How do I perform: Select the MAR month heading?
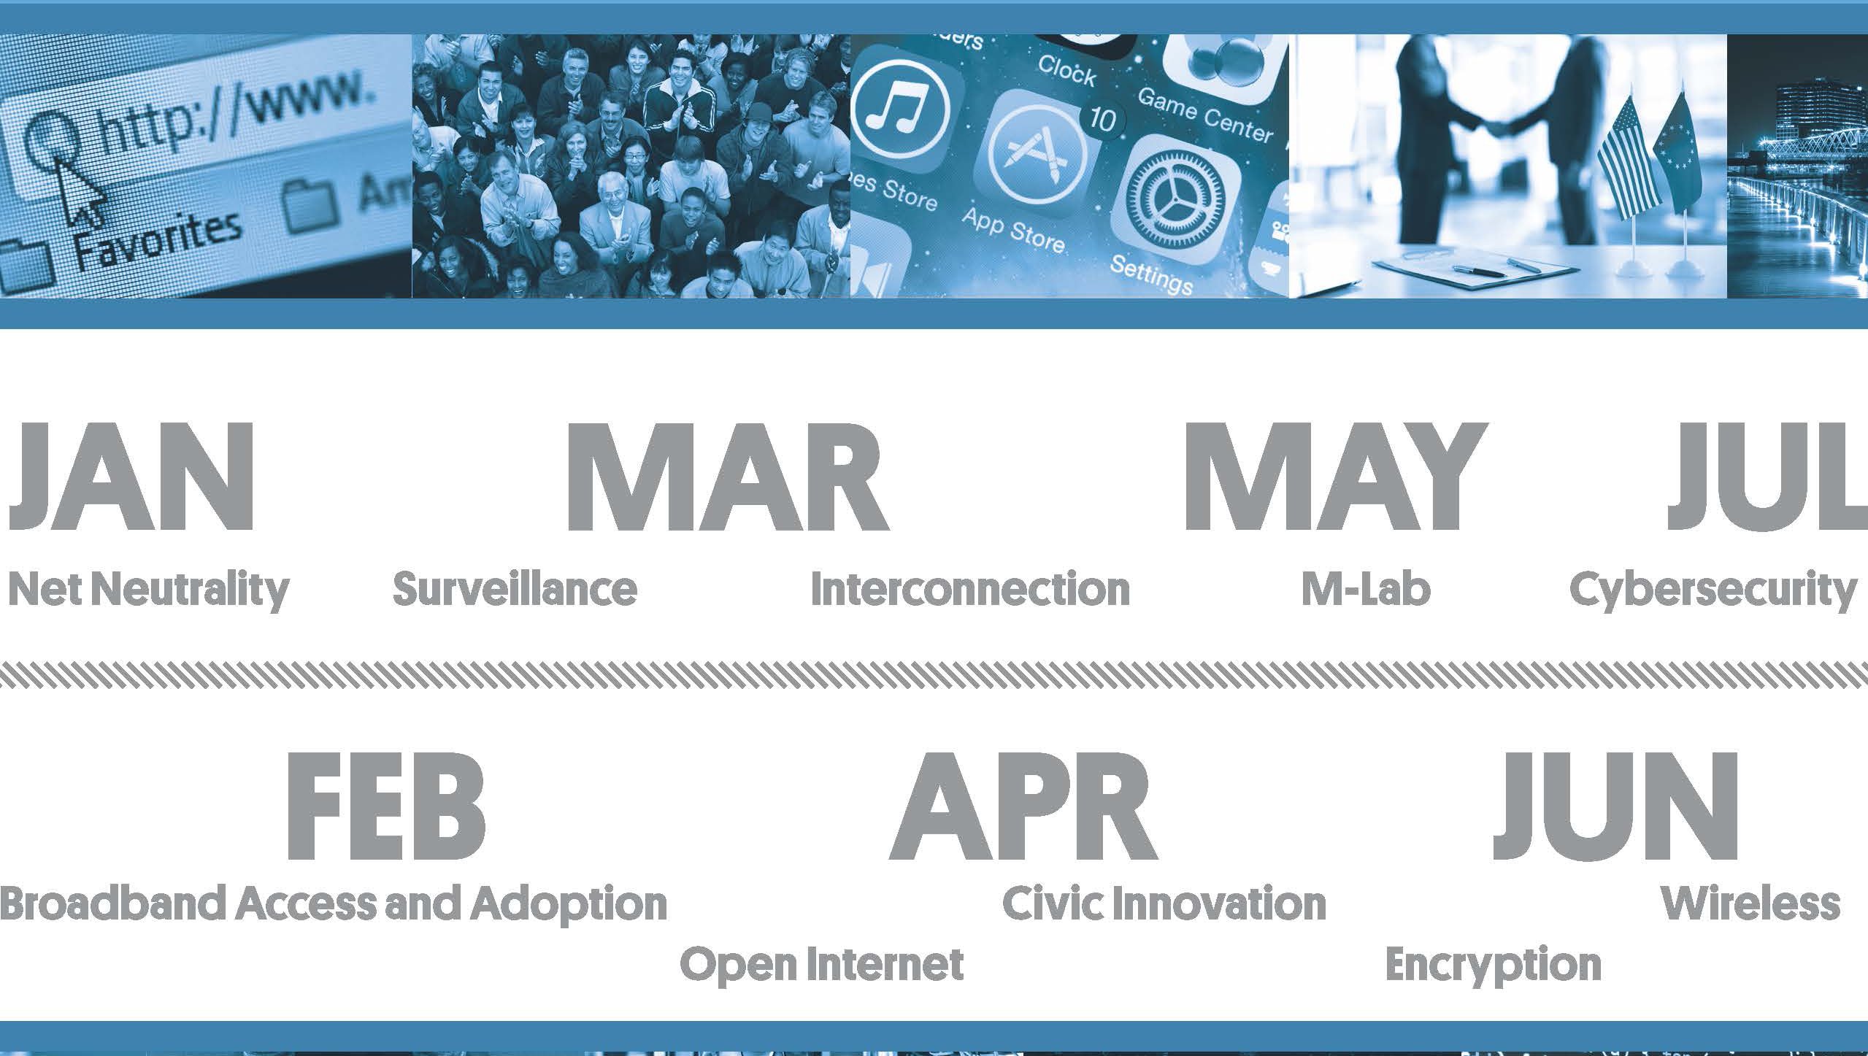pyautogui.click(x=727, y=477)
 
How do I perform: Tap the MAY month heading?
pyautogui.click(x=1335, y=477)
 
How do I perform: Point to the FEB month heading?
pyautogui.click(x=385, y=806)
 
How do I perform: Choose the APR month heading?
pyautogui.click(x=1024, y=806)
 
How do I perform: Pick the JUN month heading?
pyautogui.click(x=1615, y=807)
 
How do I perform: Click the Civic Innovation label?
pyautogui.click(x=1164, y=903)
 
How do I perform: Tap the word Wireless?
pyautogui.click(x=1750, y=903)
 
